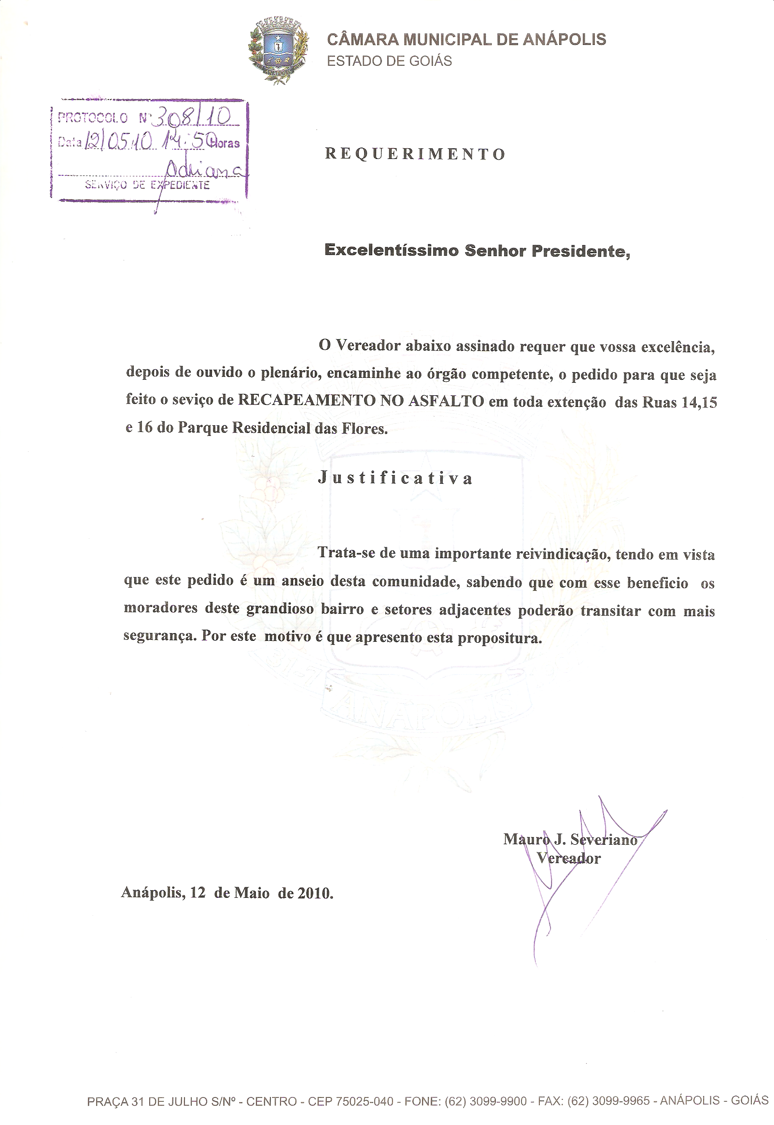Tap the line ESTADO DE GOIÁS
(x=389, y=61)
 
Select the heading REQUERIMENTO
(x=415, y=154)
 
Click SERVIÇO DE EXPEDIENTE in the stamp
(x=147, y=185)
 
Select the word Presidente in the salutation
(x=580, y=251)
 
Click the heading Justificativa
(x=395, y=478)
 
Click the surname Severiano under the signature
(x=604, y=839)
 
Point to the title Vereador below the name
(x=568, y=858)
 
